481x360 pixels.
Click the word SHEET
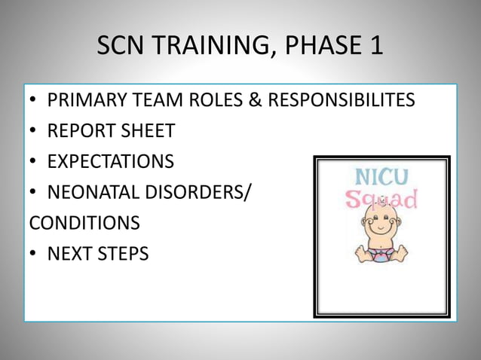pos(146,131)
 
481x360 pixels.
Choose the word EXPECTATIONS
pos(110,162)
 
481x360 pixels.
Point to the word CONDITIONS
pos(84,224)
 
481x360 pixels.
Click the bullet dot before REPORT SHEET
pos(34,132)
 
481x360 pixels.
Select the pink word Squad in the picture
pos(381,201)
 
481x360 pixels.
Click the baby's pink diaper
pos(381,252)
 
